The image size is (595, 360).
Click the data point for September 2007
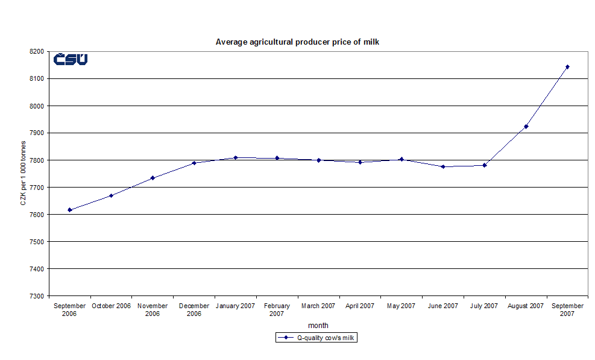click(x=567, y=67)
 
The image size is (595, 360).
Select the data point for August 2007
click(x=526, y=127)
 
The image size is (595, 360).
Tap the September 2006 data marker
click(x=70, y=210)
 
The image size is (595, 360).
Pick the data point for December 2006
click(x=194, y=163)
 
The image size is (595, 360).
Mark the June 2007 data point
click(x=443, y=166)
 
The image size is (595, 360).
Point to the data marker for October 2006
click(x=112, y=195)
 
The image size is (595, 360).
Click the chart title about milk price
click(x=297, y=42)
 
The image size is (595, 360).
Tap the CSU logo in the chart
click(x=71, y=59)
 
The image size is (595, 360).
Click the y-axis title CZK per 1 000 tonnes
click(x=23, y=173)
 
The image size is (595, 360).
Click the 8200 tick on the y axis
click(x=37, y=52)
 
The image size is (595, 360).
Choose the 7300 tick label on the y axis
click(x=37, y=296)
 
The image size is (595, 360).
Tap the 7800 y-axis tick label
click(x=37, y=160)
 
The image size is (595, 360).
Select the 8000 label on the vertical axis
click(x=37, y=106)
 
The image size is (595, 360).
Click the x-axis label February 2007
click(x=277, y=309)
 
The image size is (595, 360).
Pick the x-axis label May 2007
click(x=401, y=306)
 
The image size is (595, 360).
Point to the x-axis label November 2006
click(x=153, y=309)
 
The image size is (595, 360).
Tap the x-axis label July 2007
click(x=484, y=306)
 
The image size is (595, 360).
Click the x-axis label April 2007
click(x=360, y=306)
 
